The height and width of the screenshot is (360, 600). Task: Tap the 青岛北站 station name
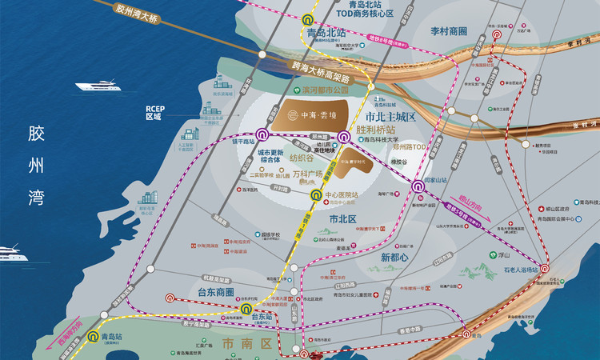(x=326, y=34)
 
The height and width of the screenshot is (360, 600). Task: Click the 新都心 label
(x=394, y=258)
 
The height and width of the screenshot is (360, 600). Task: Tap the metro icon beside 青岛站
(x=95, y=336)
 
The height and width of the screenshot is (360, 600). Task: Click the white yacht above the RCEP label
(x=96, y=85)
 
